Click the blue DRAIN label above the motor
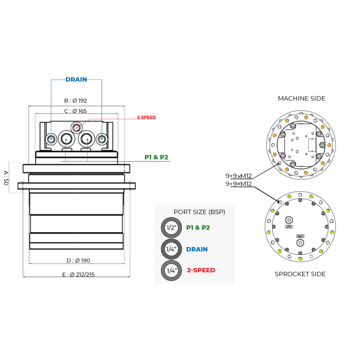(x=76, y=80)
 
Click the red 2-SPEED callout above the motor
(x=146, y=117)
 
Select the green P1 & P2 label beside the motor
(x=156, y=157)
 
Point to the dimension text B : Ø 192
(x=76, y=101)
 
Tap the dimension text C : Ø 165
(x=76, y=111)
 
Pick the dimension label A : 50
(x=6, y=178)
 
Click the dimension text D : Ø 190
(x=79, y=260)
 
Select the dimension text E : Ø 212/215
(x=78, y=274)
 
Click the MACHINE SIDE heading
(x=301, y=99)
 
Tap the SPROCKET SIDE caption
(x=300, y=274)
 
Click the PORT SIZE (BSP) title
(x=199, y=212)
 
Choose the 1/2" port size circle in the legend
(x=171, y=228)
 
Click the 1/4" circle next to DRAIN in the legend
(x=171, y=249)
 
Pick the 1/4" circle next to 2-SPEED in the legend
(x=171, y=270)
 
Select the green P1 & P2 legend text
(x=198, y=228)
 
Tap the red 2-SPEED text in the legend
(x=201, y=270)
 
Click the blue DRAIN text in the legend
(x=197, y=249)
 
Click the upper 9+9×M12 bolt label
(x=238, y=176)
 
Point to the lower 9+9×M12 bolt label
(x=238, y=184)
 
